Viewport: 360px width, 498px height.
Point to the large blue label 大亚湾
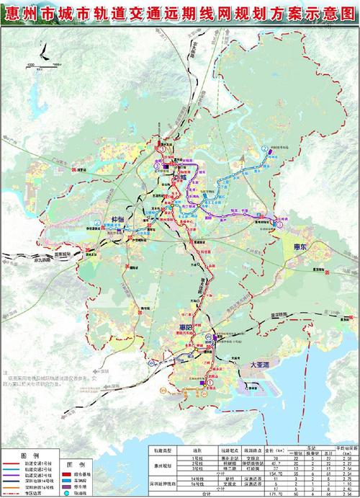coord(257,366)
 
